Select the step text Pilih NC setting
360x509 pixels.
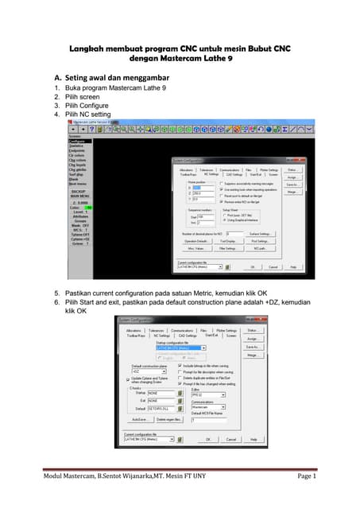coord(93,115)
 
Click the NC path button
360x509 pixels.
coord(260,249)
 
